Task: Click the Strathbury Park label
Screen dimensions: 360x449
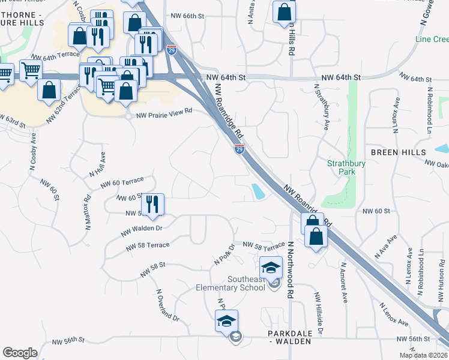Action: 341,167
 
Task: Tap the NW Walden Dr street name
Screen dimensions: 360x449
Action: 142,230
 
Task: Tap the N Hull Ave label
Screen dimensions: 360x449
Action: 98,164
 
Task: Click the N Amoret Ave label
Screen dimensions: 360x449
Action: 345,282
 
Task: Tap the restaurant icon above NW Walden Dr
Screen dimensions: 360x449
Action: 152,204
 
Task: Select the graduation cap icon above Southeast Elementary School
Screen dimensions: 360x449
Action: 271,266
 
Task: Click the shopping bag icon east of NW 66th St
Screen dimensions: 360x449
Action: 284,11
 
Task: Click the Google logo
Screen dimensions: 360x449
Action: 20,353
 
